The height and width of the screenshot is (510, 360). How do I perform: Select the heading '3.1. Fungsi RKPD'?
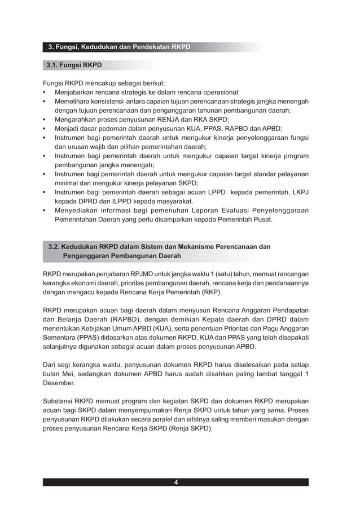(74, 65)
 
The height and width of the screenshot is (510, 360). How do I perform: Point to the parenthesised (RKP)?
(210, 293)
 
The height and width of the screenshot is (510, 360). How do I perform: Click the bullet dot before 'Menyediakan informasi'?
(45, 211)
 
